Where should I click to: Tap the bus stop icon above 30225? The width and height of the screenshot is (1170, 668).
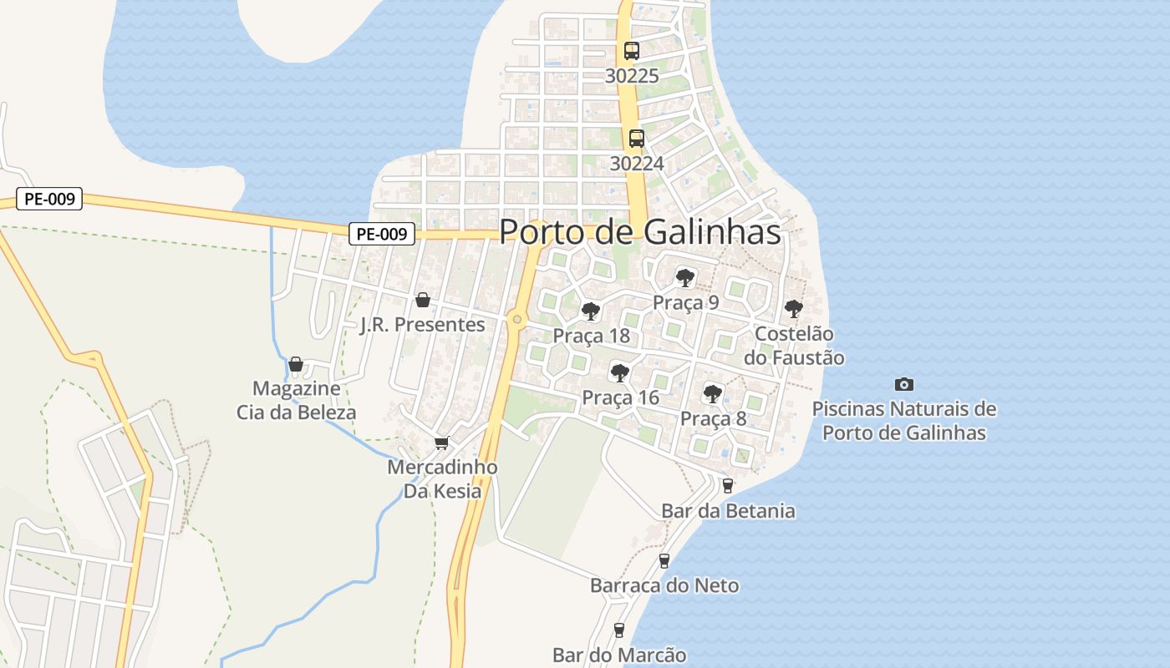tap(631, 50)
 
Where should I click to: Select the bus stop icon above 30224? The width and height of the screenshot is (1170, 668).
tap(637, 138)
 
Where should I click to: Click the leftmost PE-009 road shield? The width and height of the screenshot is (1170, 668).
tap(49, 199)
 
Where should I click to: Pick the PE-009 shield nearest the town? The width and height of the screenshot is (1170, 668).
tap(381, 234)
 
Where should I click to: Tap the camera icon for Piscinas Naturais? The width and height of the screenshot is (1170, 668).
tap(903, 384)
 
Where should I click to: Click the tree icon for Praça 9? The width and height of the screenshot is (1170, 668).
tap(685, 277)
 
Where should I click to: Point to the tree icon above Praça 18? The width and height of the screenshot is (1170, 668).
tap(591, 311)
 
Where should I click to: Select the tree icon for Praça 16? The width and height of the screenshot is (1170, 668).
tap(619, 372)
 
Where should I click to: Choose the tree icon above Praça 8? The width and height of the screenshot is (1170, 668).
tap(712, 393)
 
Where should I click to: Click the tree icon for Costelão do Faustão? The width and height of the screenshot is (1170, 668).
tap(793, 309)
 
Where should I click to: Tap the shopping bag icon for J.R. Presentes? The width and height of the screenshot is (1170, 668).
tap(423, 300)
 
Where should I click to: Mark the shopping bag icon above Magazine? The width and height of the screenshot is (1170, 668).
tap(295, 364)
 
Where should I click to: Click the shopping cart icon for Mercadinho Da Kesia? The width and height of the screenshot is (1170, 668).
tap(441, 443)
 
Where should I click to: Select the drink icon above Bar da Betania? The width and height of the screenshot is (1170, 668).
tap(727, 485)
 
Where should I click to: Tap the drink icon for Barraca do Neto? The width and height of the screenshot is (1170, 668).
tap(664, 560)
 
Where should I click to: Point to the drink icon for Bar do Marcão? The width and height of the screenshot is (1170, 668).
tap(619, 630)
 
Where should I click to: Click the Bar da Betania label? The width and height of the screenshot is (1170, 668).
tap(727, 510)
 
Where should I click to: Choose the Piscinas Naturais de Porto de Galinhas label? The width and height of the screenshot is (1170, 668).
tap(904, 421)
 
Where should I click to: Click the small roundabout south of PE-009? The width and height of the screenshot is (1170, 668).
tap(517, 319)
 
